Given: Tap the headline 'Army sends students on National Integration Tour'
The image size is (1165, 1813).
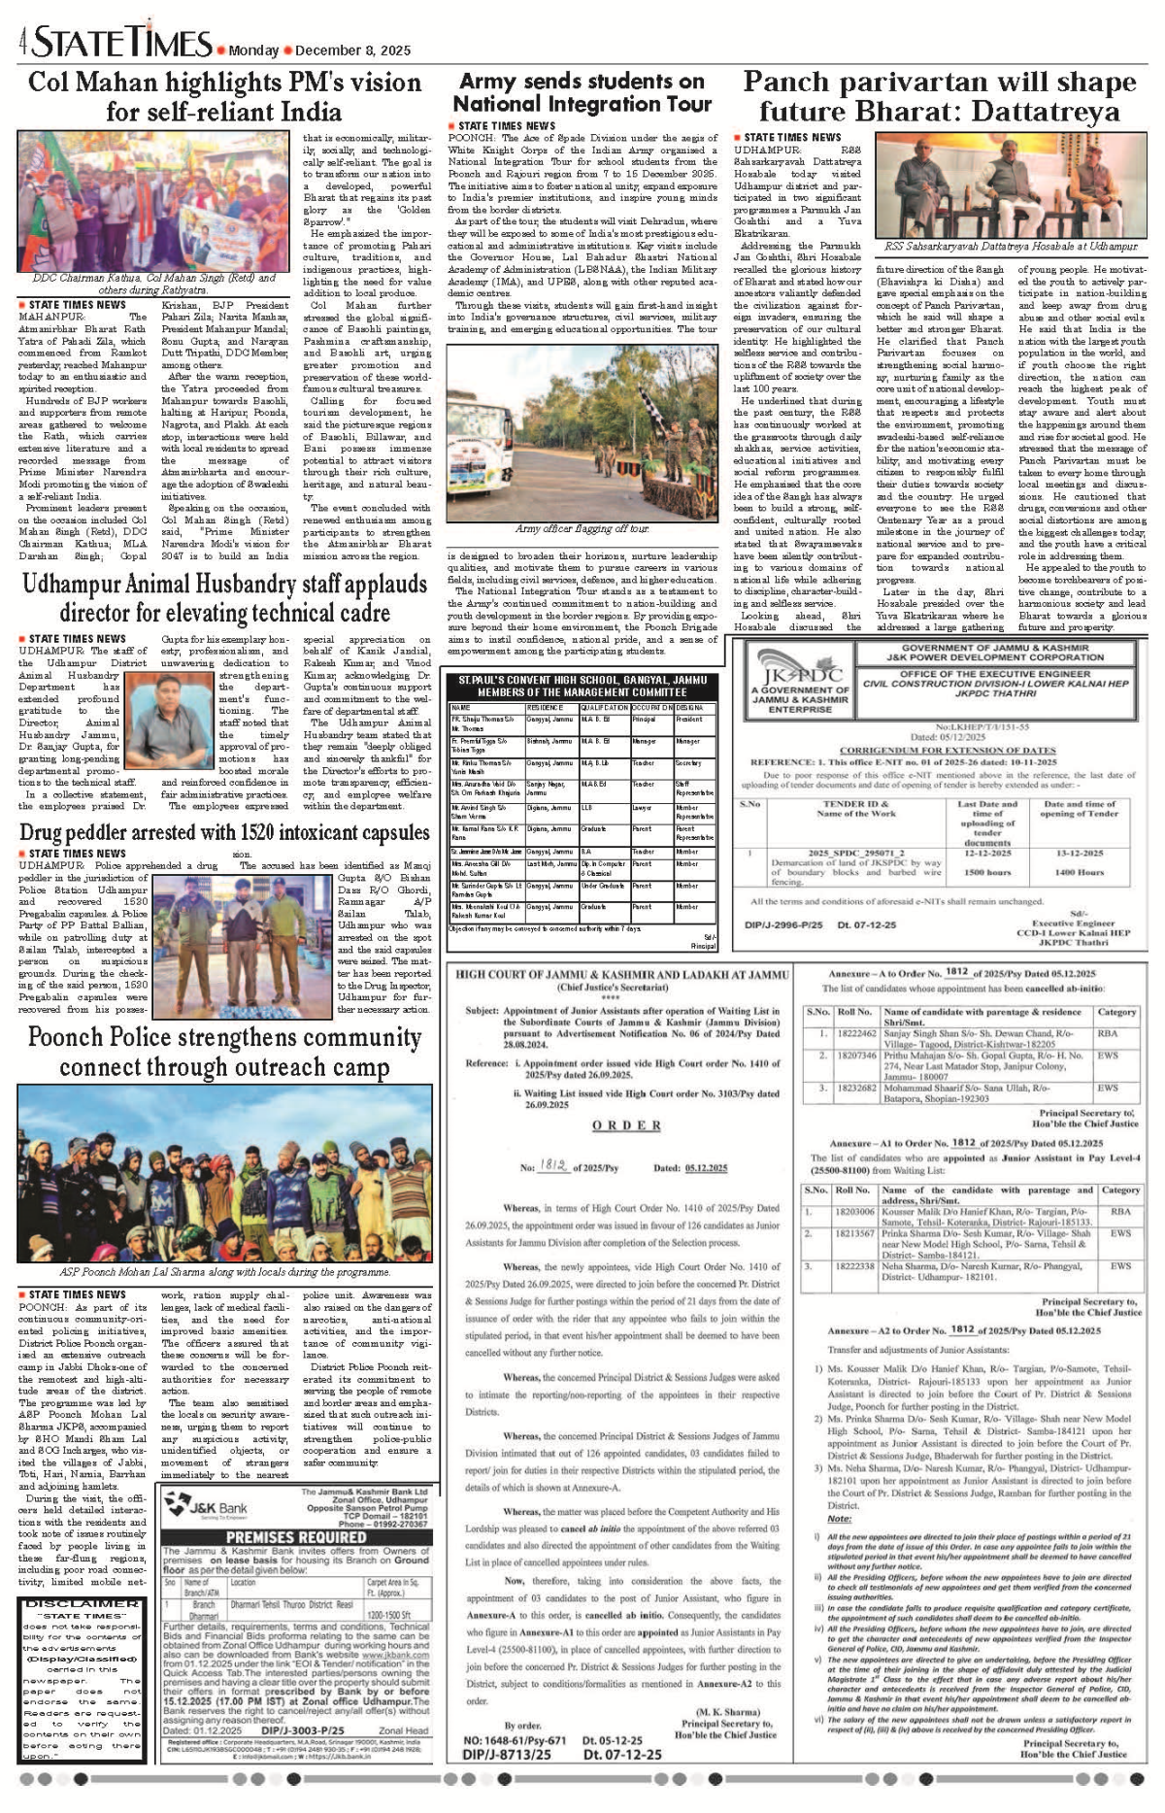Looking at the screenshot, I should pyautogui.click(x=582, y=93).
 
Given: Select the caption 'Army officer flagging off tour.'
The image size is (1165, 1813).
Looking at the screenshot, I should pyautogui.click(x=582, y=528).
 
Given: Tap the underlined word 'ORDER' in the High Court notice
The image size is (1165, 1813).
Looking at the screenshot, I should pyautogui.click(x=627, y=1125).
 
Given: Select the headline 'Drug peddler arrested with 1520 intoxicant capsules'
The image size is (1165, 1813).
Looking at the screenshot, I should pyautogui.click(x=224, y=833).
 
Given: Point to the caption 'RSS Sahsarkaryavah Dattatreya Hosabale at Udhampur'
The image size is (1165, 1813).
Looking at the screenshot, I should pyautogui.click(x=1011, y=247).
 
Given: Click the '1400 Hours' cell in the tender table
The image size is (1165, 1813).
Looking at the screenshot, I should pyautogui.click(x=1079, y=872).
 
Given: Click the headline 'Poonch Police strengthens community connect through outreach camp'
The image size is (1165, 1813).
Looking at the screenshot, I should pyautogui.click(x=224, y=1052).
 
